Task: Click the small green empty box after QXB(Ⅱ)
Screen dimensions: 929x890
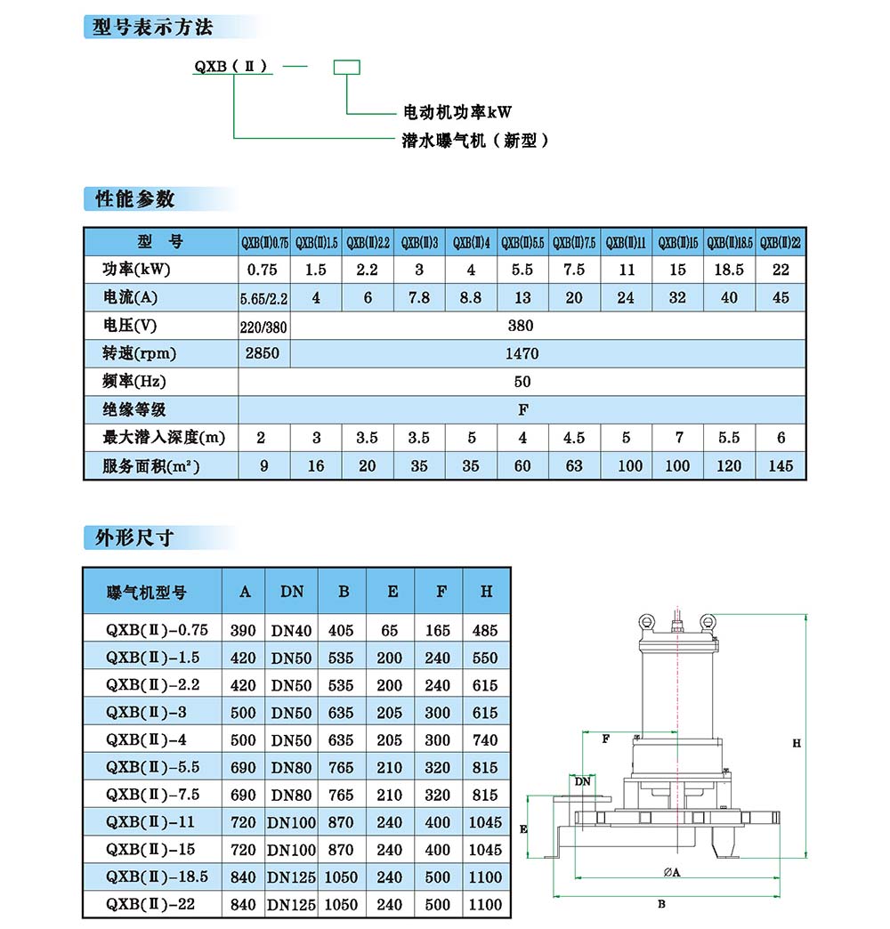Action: point(345,67)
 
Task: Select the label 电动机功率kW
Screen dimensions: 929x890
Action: point(458,113)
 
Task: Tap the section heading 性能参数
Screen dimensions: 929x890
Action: point(135,198)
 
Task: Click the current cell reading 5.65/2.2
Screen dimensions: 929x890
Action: point(264,298)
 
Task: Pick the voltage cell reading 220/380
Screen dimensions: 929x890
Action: point(264,326)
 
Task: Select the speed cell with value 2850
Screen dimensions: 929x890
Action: point(264,353)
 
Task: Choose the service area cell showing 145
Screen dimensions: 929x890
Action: point(781,465)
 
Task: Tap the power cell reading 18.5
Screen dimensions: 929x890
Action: point(729,270)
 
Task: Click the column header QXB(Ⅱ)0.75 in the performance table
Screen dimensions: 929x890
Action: point(264,242)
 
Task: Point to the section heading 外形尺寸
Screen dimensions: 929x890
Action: point(135,537)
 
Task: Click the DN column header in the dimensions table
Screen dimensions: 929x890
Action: point(292,592)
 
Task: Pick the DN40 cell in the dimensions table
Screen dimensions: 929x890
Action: point(292,631)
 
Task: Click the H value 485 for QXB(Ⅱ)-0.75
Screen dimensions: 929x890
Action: point(486,631)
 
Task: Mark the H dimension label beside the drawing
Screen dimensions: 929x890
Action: point(797,743)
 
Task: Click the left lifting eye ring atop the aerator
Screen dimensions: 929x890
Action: point(646,620)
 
